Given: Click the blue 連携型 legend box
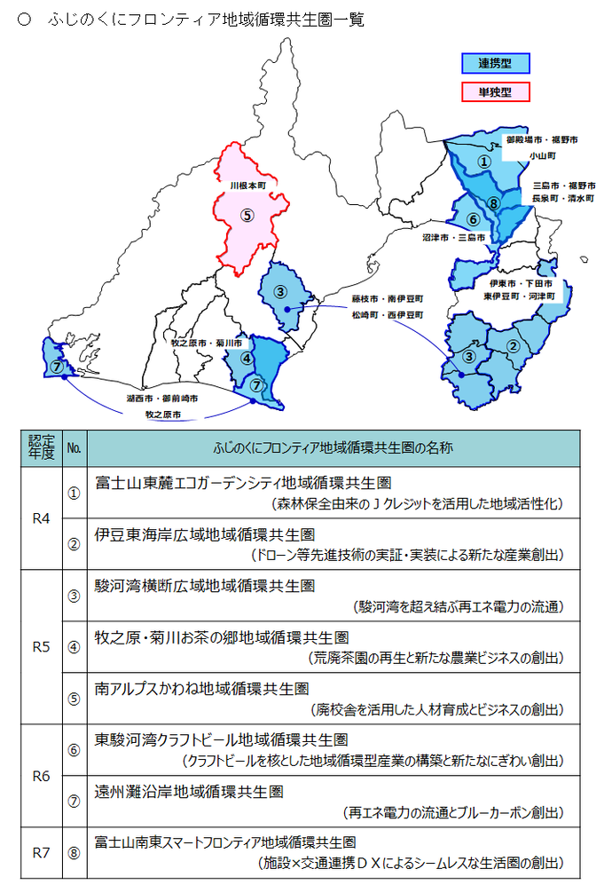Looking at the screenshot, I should pyautogui.click(x=495, y=63).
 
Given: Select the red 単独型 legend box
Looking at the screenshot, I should pyautogui.click(x=495, y=91).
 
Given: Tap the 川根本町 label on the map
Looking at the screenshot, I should pyautogui.click(x=247, y=186).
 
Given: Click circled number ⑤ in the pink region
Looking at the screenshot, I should pyautogui.click(x=247, y=214).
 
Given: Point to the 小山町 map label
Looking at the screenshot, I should pyautogui.click(x=541, y=154).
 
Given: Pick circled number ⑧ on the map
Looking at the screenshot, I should pyautogui.click(x=494, y=203).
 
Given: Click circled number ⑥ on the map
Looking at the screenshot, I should pyautogui.click(x=473, y=219).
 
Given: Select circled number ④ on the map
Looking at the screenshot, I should pyautogui.click(x=247, y=359).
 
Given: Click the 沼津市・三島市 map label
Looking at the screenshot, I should pyautogui.click(x=453, y=238).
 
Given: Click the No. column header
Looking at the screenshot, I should pyautogui.click(x=74, y=448).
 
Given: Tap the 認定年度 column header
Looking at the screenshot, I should pyautogui.click(x=41, y=448).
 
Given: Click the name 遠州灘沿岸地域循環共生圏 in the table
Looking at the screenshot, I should pyautogui.click(x=189, y=791).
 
